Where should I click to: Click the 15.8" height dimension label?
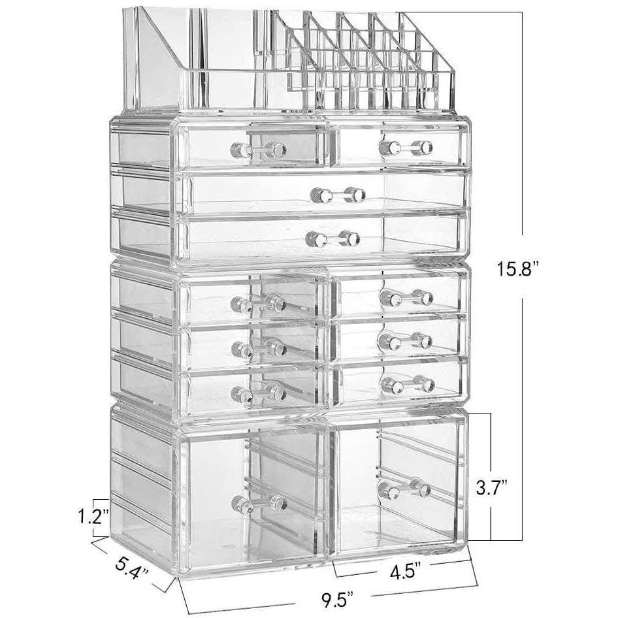coord(516,268)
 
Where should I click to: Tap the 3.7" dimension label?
coord(491,487)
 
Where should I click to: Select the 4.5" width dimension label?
coord(405,570)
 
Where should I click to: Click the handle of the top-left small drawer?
coord(259,150)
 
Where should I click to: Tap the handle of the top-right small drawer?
coord(406,148)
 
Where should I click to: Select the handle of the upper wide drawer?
coord(338,195)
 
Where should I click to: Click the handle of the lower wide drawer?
coord(333,239)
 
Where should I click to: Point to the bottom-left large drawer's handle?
coord(259,503)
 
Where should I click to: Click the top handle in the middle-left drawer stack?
coord(258,302)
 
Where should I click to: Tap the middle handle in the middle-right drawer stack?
coord(405,340)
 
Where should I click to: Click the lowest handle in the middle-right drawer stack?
coord(408,384)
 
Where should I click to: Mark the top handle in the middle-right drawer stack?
coord(406,298)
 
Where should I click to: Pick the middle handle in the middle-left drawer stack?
coord(259,347)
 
